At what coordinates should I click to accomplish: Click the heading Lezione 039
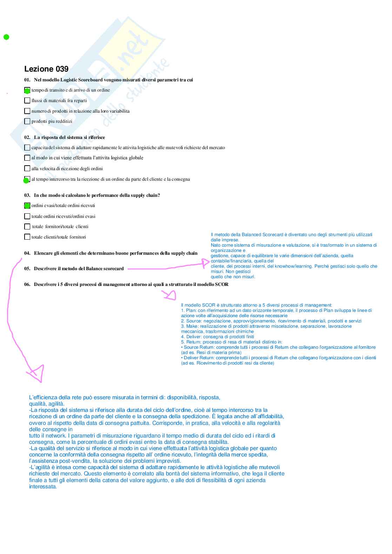(x=46, y=69)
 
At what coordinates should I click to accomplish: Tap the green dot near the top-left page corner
(x=6, y=37)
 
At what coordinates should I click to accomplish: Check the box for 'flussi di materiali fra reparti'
(x=27, y=100)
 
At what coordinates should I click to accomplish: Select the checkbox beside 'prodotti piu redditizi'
(x=27, y=121)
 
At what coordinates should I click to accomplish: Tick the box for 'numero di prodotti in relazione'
(x=27, y=111)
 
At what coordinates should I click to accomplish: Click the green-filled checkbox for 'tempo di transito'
(x=27, y=90)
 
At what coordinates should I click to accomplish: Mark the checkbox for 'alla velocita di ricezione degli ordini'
(x=27, y=168)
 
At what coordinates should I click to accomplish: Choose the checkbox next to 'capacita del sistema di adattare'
(x=27, y=148)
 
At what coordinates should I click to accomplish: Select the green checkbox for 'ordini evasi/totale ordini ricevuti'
(x=27, y=206)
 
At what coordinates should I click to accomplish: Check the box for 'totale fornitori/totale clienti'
(x=27, y=227)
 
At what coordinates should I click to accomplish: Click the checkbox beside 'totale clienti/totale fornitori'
(x=27, y=237)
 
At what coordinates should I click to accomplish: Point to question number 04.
(x=27, y=253)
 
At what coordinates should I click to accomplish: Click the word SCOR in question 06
(x=221, y=285)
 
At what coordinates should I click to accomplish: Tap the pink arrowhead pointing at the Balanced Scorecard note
(x=206, y=263)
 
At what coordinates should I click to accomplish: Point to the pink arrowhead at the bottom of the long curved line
(x=37, y=373)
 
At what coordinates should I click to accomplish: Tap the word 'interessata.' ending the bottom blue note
(x=43, y=487)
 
